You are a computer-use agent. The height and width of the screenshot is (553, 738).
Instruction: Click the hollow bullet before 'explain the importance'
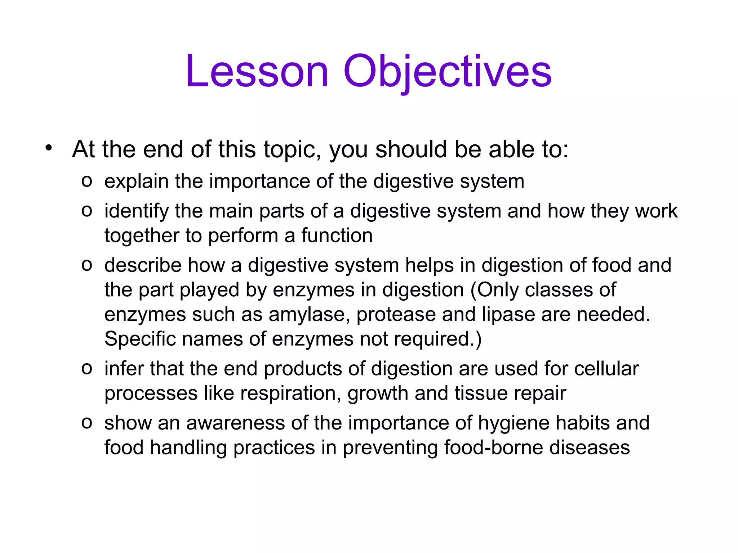click(87, 181)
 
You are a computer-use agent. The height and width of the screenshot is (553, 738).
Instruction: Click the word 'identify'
click(137, 211)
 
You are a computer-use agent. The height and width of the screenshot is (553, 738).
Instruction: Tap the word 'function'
click(337, 235)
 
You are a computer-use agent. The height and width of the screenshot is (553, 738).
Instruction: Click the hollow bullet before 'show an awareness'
click(87, 423)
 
